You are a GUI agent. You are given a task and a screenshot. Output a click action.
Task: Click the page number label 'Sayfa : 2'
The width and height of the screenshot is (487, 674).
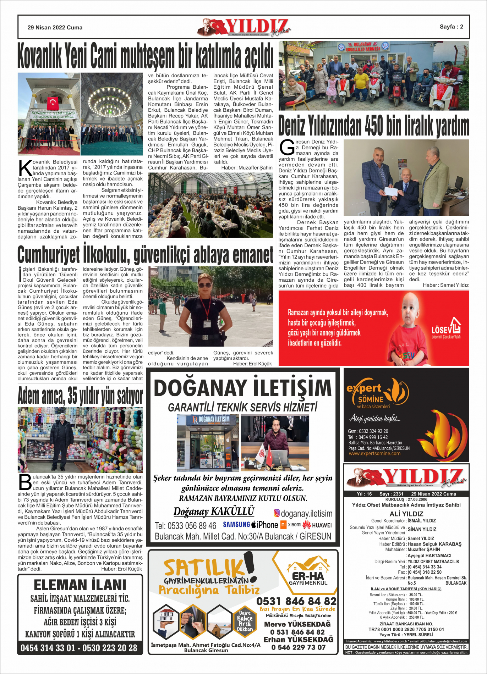(x=451, y=27)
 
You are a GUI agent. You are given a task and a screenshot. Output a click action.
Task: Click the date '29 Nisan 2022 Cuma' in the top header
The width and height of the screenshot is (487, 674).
(x=55, y=27)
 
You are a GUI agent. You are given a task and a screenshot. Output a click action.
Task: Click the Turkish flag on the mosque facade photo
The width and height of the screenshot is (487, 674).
(x=53, y=103)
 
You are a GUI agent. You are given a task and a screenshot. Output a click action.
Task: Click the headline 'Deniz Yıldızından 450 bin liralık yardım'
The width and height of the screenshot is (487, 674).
(x=373, y=126)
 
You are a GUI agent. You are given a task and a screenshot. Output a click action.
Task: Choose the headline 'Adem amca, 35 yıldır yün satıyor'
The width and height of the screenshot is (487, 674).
(x=80, y=396)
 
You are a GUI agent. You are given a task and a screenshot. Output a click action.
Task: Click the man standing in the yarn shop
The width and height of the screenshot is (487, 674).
(x=61, y=440)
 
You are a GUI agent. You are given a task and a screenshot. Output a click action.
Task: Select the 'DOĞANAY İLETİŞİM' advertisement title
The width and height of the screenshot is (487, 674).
(x=243, y=388)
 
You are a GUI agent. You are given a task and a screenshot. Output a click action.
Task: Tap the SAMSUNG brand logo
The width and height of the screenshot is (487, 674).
(x=236, y=524)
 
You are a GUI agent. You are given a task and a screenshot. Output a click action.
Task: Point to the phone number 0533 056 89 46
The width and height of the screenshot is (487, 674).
(x=185, y=525)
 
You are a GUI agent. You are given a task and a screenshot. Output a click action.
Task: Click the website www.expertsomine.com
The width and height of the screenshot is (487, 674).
(x=374, y=453)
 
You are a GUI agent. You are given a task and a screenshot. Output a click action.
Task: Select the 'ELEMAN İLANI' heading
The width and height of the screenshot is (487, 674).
(x=80, y=585)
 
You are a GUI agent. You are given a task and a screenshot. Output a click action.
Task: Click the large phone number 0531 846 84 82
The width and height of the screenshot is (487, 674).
(x=296, y=601)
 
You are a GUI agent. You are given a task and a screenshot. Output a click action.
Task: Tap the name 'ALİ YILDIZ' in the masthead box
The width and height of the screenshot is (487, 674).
(x=406, y=514)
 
